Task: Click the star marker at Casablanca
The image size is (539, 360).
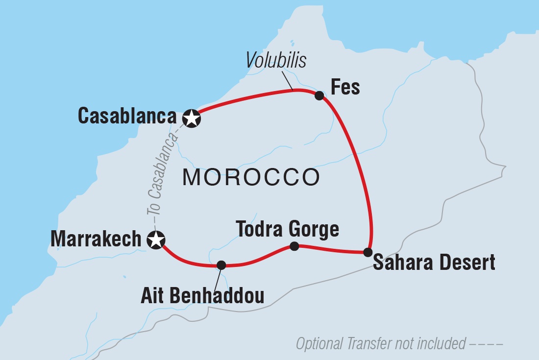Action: (192, 119)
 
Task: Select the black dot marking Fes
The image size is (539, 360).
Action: (319, 96)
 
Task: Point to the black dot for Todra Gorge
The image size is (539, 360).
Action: (294, 246)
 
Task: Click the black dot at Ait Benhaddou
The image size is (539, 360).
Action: (221, 265)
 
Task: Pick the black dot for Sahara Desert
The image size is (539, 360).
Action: (368, 252)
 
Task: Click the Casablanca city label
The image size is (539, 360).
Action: (127, 117)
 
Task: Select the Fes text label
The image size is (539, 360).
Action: (345, 88)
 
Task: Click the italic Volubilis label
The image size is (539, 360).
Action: (276, 60)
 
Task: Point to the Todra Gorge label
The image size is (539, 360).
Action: (287, 229)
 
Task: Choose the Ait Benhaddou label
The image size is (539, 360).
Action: (202, 296)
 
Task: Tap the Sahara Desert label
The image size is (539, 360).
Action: (434, 263)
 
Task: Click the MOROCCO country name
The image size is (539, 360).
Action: (251, 177)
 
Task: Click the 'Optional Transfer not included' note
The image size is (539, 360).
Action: (381, 344)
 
